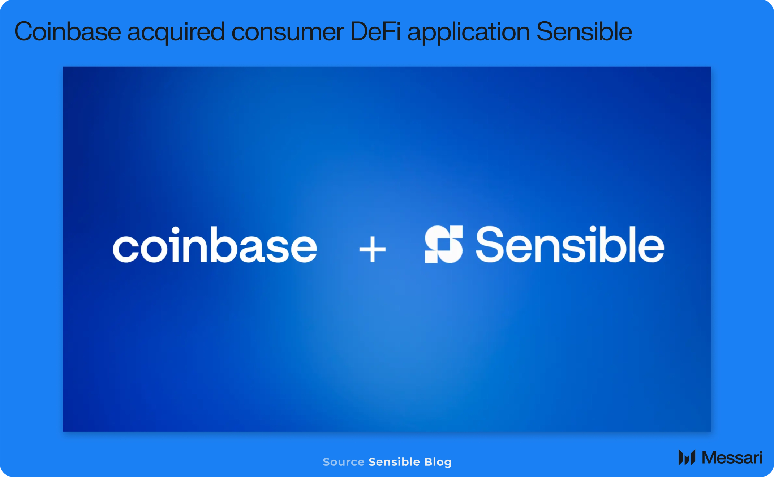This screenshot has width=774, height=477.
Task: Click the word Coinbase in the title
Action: pyautogui.click(x=68, y=31)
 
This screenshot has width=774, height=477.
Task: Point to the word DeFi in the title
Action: pyautogui.click(x=375, y=31)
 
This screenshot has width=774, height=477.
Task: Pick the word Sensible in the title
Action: pyautogui.click(x=584, y=31)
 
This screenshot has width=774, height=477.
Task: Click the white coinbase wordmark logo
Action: pyautogui.click(x=215, y=245)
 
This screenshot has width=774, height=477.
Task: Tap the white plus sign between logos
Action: pyautogui.click(x=373, y=249)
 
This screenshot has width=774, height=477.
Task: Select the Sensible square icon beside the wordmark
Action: pyautogui.click(x=444, y=244)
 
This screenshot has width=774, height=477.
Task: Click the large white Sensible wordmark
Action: pyautogui.click(x=570, y=244)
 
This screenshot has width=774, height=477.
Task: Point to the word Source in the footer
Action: pyautogui.click(x=343, y=462)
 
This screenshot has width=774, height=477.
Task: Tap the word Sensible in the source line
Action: pyautogui.click(x=394, y=462)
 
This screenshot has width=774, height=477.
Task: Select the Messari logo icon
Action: pyautogui.click(x=687, y=457)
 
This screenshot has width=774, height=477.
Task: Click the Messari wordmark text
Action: pyautogui.click(x=732, y=458)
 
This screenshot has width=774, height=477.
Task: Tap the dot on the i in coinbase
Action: pyautogui.click(x=176, y=230)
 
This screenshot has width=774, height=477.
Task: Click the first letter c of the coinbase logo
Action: pyautogui.click(x=125, y=249)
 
